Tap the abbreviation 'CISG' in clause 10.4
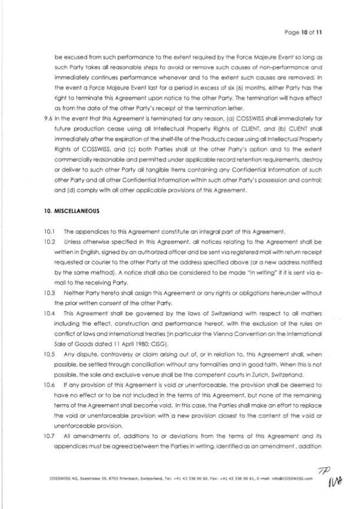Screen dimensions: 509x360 pyautogui.click(x=174, y=343)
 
